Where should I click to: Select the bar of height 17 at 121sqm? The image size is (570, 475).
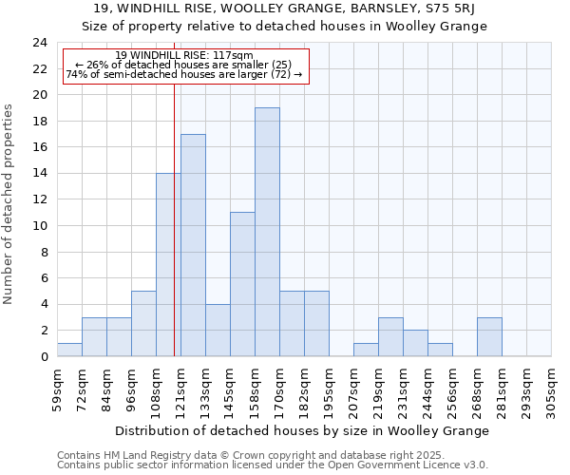click(193, 245)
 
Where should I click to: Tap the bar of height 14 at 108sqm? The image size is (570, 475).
click(168, 265)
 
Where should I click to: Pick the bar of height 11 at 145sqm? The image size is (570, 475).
click(242, 284)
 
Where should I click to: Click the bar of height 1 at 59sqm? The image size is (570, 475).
click(69, 350)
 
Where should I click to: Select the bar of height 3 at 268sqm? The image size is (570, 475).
click(489, 337)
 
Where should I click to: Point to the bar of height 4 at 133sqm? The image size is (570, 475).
click(218, 331)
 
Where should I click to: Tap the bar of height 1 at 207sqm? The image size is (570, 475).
click(366, 350)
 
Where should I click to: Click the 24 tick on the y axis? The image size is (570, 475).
click(40, 43)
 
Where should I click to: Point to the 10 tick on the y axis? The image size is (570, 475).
click(40, 226)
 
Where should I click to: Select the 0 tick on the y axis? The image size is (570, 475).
click(44, 357)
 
